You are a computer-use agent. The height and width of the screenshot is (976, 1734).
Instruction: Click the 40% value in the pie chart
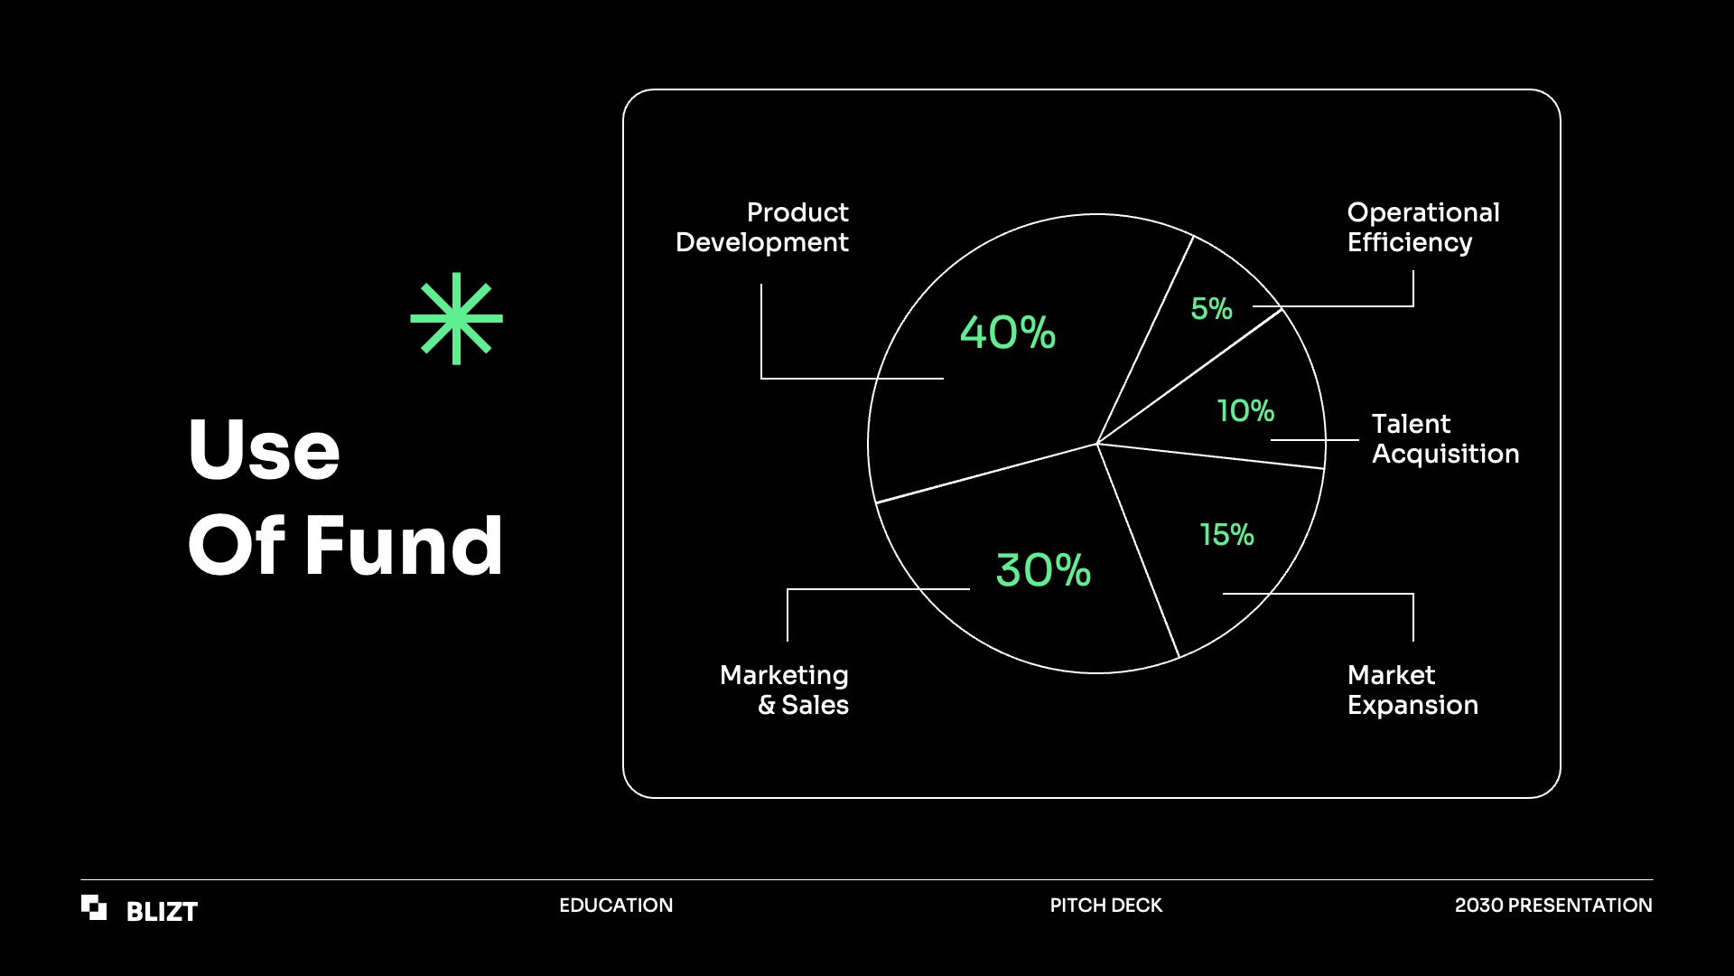(1008, 333)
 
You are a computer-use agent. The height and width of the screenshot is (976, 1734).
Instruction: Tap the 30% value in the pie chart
(1043, 570)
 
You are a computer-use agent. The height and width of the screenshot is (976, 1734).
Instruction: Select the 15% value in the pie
(1226, 535)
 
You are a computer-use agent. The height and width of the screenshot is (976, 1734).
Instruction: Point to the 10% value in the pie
(1245, 411)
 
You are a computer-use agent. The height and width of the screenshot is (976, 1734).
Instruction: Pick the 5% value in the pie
(1211, 309)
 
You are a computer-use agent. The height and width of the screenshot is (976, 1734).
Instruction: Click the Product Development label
(762, 227)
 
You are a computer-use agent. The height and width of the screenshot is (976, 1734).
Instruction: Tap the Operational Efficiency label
(1423, 227)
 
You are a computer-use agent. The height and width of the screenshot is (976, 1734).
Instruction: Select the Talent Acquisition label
(1445, 438)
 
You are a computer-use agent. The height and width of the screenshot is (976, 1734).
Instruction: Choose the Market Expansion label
(1412, 690)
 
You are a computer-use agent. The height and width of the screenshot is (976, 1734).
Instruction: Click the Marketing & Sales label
(784, 690)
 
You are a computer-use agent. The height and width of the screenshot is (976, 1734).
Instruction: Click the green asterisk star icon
(456, 318)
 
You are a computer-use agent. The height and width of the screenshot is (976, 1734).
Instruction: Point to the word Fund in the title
(403, 545)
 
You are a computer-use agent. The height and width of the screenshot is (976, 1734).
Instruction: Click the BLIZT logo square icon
(94, 907)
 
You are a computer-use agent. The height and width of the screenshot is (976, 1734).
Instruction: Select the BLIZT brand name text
(162, 911)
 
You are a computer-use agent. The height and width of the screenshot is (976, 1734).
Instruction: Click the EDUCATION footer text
(616, 906)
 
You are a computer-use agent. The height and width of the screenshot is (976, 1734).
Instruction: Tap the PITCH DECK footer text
(1105, 906)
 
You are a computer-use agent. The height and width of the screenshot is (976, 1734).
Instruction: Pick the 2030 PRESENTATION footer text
(1553, 906)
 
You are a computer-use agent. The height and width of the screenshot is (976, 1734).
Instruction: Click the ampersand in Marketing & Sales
(767, 705)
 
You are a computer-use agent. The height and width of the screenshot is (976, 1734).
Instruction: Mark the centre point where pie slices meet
(1096, 444)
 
